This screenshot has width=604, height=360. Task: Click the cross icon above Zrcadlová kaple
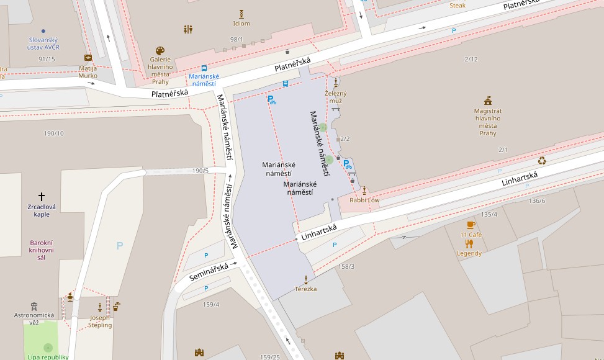[42, 196]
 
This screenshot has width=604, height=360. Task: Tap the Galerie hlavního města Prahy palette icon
[160, 50]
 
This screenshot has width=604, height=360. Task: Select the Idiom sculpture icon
[241, 14]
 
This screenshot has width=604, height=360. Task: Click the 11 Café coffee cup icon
[471, 225]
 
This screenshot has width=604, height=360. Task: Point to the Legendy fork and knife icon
[469, 244]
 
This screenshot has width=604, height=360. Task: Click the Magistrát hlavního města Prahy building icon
[488, 101]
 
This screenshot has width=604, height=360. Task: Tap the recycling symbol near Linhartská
[542, 160]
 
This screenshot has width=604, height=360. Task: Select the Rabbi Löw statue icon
[364, 191]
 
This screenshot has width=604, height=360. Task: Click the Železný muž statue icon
[336, 83]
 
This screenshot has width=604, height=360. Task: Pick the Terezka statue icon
[305, 279]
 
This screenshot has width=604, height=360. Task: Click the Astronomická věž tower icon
[34, 306]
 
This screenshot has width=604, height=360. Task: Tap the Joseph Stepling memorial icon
[100, 307]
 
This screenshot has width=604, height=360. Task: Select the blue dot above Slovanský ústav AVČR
[43, 30]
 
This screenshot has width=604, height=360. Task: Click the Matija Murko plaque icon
[88, 58]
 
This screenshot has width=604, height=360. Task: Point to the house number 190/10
[53, 133]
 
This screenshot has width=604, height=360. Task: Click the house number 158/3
[346, 266]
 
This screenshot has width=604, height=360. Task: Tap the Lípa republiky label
[48, 357]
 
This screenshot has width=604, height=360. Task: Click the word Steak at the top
[457, 6]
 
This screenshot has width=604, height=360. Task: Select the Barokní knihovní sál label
[42, 250]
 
